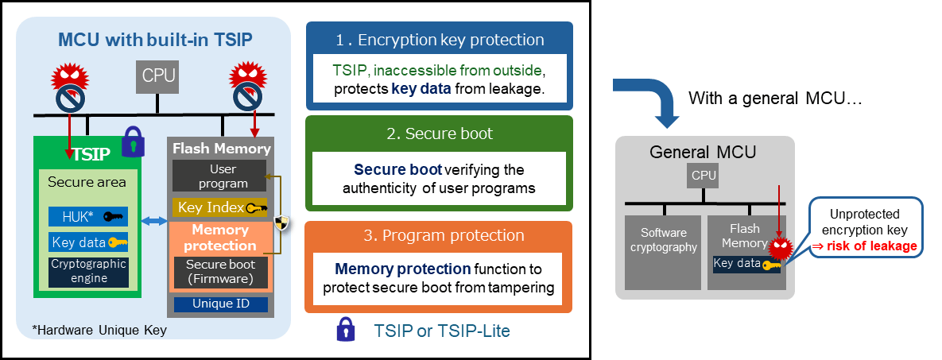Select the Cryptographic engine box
[x=87, y=271]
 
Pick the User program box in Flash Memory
[x=220, y=176]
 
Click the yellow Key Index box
[x=220, y=208]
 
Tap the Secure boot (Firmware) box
[x=220, y=271]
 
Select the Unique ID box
[x=220, y=304]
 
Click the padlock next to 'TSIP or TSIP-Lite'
[x=345, y=329]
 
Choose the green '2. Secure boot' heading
[x=439, y=134]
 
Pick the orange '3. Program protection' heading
[x=439, y=236]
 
